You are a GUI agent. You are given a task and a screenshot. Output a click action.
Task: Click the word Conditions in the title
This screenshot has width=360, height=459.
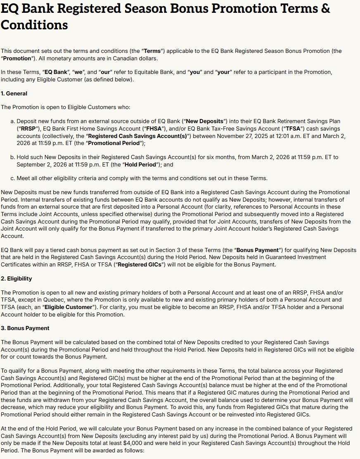(x=34, y=25)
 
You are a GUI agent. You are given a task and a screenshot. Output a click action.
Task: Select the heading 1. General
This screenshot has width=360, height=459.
(x=14, y=94)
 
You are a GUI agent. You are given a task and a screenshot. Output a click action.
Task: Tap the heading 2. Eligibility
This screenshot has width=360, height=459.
(x=16, y=278)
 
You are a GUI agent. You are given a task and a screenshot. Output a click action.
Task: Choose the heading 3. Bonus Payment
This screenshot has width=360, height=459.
(x=25, y=328)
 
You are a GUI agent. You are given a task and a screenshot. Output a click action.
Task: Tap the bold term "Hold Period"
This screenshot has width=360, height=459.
(x=144, y=164)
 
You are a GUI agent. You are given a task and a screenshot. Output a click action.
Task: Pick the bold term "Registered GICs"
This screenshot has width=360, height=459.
(x=141, y=264)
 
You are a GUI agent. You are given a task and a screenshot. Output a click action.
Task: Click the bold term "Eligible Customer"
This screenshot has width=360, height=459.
(x=68, y=307)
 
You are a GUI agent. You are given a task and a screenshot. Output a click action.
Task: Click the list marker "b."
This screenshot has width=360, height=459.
(x=13, y=157)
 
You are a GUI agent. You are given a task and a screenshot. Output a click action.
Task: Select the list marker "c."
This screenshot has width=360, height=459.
(x=13, y=178)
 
